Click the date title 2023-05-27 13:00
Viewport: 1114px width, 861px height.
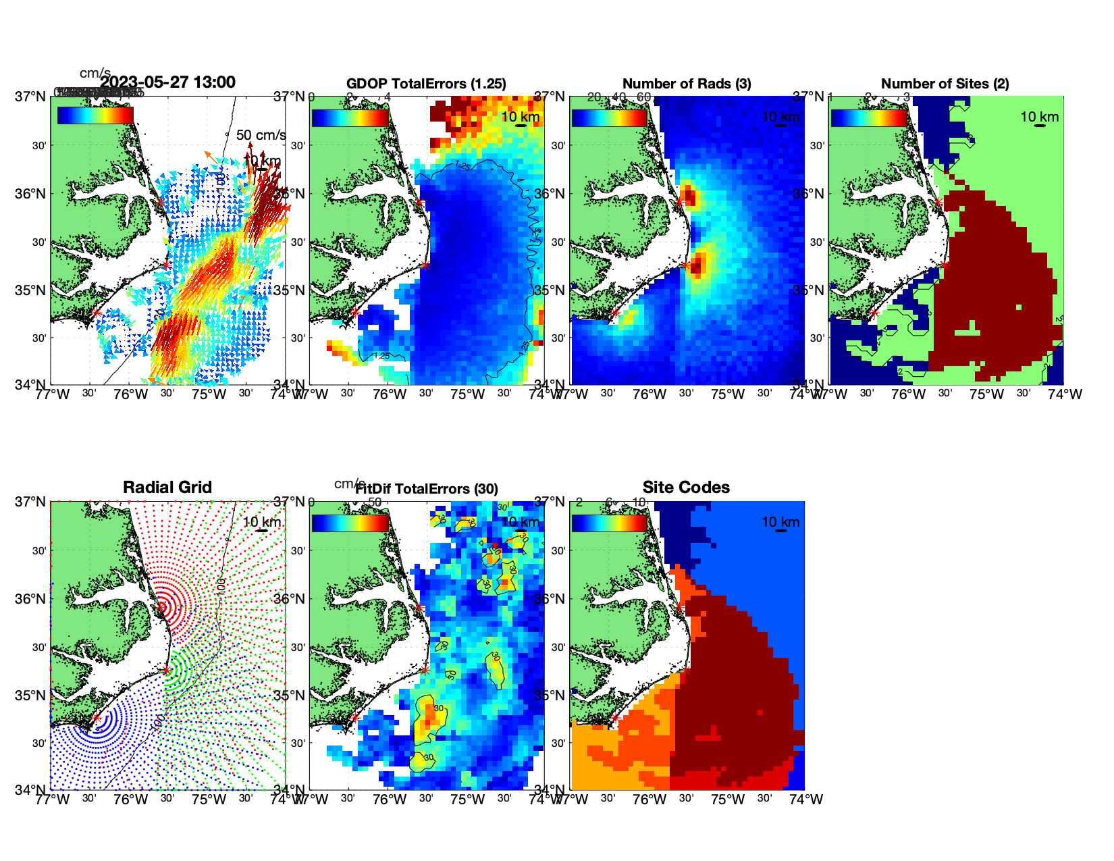167,82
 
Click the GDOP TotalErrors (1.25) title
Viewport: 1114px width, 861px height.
426,84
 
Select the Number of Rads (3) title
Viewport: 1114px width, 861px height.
687,84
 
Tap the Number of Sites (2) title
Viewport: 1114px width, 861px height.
945,84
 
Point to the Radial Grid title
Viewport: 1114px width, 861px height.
167,488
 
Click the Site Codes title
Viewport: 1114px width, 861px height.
686,488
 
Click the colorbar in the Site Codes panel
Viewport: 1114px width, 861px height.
609,523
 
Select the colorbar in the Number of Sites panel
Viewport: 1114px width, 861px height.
869,118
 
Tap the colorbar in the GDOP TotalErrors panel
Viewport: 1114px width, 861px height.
350,118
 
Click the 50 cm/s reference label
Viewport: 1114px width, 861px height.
261,135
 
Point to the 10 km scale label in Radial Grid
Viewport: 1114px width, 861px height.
261,522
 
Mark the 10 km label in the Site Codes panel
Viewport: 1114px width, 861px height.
780,522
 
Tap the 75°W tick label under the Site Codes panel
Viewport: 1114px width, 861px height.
728,800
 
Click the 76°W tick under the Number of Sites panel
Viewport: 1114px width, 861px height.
909,394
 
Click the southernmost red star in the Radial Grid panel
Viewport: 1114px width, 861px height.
97,718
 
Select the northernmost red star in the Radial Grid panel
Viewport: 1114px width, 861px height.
161,606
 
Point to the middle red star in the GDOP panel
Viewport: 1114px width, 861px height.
425,265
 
